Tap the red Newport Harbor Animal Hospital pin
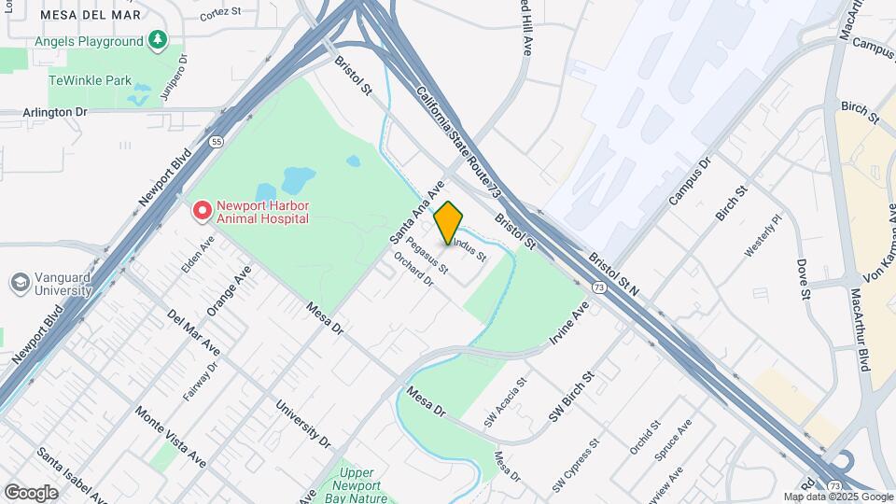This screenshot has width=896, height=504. [202, 211]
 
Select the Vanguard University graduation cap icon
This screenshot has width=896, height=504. [19, 282]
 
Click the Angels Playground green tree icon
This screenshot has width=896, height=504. [158, 40]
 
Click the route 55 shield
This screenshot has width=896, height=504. [216, 142]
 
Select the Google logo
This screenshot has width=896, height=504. [31, 492]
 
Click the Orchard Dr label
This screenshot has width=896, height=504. [413, 268]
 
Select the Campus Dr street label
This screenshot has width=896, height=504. [690, 181]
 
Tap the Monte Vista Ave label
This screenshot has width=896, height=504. [170, 437]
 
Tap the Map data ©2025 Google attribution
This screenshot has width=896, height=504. [837, 497]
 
